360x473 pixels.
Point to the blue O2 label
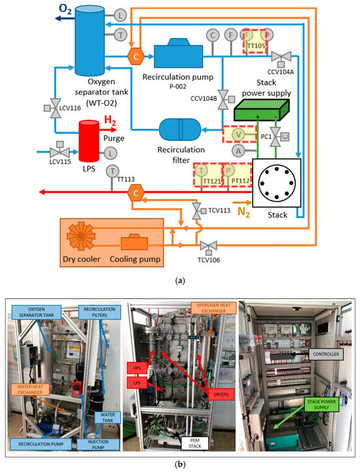pyautogui.click(x=66, y=9)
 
